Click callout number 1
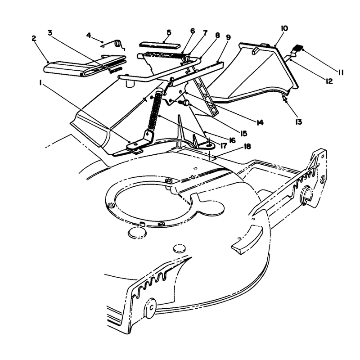coord(40,83)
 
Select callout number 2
coord(34,38)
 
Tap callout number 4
coord(89,35)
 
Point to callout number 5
coord(169,32)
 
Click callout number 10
coord(284,29)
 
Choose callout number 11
coord(341,73)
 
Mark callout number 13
coord(298,122)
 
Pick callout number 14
coord(260,123)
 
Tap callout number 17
coord(223,145)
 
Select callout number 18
coord(247,147)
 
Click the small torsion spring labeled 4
coord(116,45)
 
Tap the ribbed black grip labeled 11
coord(298,48)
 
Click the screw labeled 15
coord(184,102)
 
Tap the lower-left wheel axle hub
coord(151,307)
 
